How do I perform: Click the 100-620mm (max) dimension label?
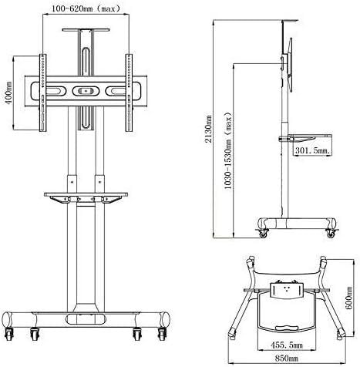point(86,8)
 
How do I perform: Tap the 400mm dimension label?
point(8,93)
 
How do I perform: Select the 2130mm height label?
point(208,129)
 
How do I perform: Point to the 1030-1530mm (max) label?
point(227,150)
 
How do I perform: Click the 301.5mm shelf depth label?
point(312,150)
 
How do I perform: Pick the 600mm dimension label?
point(349,298)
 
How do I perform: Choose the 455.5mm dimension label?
point(286,345)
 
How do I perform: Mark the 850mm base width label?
point(286,358)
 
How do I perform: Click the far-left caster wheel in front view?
point(8,334)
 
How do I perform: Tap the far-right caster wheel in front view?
point(163,334)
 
